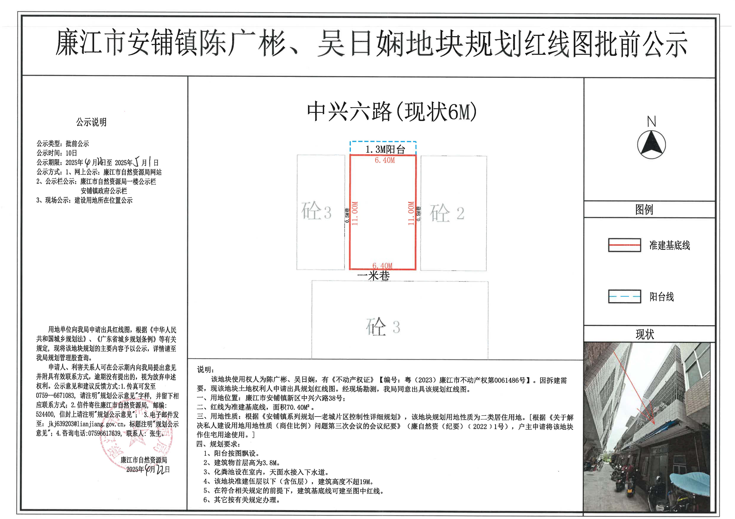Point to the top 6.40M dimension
(x=385, y=160)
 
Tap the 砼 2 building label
(x=447, y=213)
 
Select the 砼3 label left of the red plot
(x=316, y=211)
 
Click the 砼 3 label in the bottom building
(x=383, y=327)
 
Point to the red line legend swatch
(x=624, y=245)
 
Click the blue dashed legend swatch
(x=624, y=296)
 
